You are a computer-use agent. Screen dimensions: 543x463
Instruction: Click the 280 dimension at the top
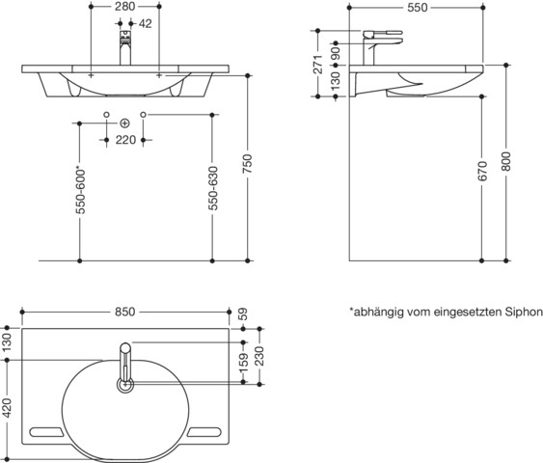coord(124,6)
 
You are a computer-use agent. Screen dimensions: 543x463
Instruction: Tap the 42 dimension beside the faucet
coord(145,23)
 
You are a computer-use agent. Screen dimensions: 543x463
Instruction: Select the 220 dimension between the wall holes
coord(125,140)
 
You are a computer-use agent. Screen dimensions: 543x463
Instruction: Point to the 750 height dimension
coord(247,164)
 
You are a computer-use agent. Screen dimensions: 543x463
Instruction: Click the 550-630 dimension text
coord(212,188)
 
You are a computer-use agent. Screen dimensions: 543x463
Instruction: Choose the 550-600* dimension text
coord(80,191)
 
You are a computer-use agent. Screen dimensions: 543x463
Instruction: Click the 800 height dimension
coord(506,161)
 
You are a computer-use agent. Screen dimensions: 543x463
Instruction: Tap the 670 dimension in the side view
coord(482,171)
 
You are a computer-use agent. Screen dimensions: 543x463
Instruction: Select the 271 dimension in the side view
coord(318,64)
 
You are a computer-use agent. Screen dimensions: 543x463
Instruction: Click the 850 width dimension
coord(125,312)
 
